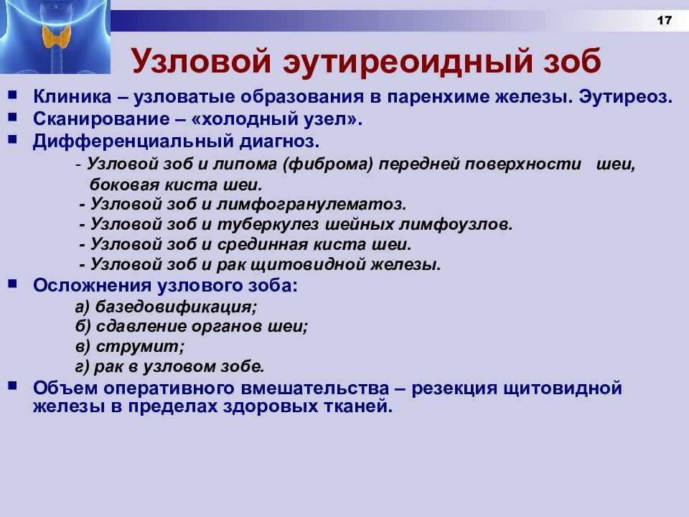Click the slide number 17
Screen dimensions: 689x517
tap(665, 20)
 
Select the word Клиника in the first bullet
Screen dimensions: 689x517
tap(72, 97)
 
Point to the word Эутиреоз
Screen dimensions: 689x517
tap(625, 97)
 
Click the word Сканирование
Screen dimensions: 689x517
tap(101, 119)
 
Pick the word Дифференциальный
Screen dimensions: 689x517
tap(133, 141)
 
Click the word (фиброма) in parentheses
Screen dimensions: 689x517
tap(327, 164)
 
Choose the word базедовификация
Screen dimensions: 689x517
tap(176, 307)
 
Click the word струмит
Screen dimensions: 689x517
tap(140, 347)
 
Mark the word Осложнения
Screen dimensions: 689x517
tap(93, 286)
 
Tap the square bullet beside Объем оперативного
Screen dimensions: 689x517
tap(12, 386)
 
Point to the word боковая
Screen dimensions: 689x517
tap(124, 185)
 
